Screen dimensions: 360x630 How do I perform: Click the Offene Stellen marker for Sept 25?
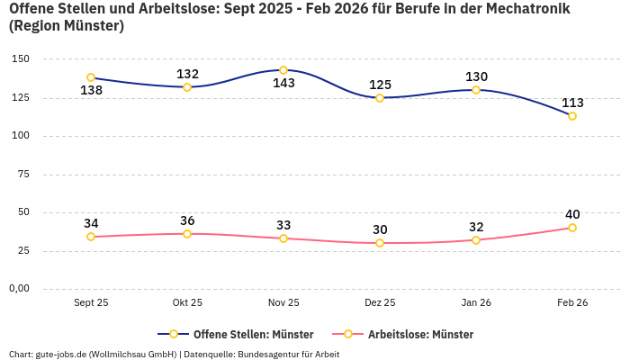tap(91, 78)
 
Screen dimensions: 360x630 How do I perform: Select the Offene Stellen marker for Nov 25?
tap(283, 70)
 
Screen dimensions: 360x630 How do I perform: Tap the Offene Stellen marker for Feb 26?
tap(572, 116)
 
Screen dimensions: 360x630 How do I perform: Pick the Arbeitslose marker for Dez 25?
tap(380, 243)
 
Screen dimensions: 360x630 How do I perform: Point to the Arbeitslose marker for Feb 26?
tap(572, 228)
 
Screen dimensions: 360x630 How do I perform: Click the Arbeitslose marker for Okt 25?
tap(187, 234)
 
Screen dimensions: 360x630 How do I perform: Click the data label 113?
tap(572, 103)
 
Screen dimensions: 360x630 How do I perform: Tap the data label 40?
tap(572, 214)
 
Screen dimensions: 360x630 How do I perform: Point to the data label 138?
tap(91, 91)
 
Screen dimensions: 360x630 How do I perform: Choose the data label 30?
tap(380, 229)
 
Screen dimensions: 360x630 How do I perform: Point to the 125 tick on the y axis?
tap(20, 97)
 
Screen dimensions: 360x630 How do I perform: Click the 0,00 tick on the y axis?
tap(18, 289)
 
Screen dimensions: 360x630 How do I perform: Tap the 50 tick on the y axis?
tap(22, 212)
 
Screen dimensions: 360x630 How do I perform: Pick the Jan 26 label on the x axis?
tap(476, 303)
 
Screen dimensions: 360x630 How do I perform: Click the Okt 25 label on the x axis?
tap(187, 303)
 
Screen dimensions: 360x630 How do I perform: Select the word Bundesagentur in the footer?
tap(266, 354)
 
